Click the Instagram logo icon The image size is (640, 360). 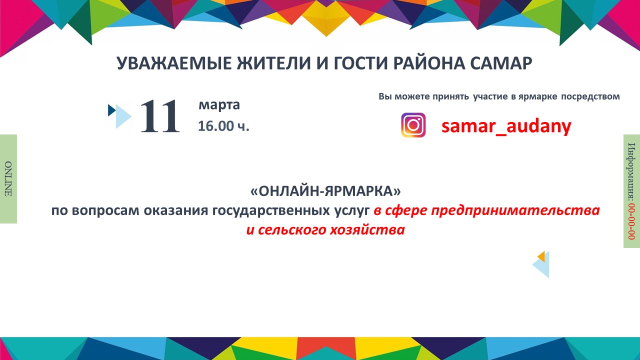pos(413,125)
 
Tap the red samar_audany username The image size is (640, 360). pos(506,126)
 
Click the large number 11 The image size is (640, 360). pos(159,116)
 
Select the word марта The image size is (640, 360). pos(219,105)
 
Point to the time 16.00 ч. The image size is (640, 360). pos(223,126)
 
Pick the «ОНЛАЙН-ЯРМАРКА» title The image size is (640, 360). pos(325,191)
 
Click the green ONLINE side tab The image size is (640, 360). pos(8,178)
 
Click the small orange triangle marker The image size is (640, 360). pos(540,256)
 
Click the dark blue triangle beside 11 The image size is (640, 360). pos(111,110)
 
